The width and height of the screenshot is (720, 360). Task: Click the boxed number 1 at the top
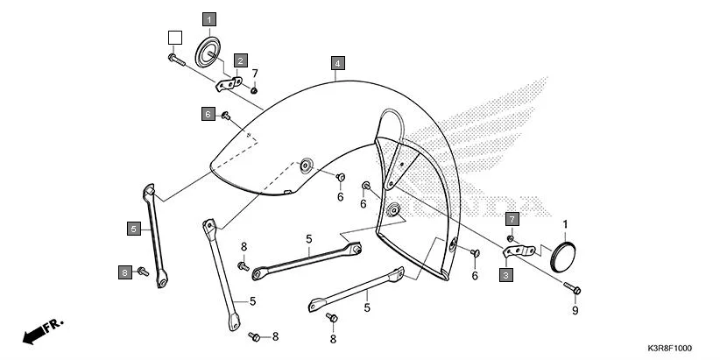[x=209, y=18]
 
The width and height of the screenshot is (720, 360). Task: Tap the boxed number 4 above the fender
[x=337, y=63]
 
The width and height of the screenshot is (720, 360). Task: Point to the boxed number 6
[x=208, y=114]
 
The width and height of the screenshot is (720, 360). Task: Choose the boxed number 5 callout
[x=134, y=229]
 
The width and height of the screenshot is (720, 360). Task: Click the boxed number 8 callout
[x=125, y=272]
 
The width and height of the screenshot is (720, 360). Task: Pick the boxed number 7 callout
[x=512, y=217]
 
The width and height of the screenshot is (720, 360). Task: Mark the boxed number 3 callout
[x=506, y=275]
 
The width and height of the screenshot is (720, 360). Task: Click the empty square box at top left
[x=175, y=37]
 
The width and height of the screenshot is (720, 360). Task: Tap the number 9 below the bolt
[x=575, y=310]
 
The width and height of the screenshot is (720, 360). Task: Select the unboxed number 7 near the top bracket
[x=255, y=73]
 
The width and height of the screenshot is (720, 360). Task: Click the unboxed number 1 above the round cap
[x=565, y=224]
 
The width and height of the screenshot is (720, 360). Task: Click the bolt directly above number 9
[x=575, y=288]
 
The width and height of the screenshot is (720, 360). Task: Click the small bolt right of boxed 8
[x=143, y=273]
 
